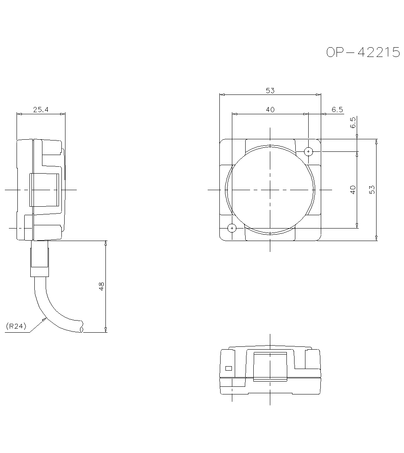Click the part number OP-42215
pos(363,52)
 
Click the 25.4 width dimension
pos(41,109)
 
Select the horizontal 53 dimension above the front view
pos(270,91)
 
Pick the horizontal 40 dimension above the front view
pos(270,110)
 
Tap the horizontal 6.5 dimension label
pos(337,110)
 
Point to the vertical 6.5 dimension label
pos(353,122)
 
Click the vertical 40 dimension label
pos(353,190)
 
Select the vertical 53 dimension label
pos(372,190)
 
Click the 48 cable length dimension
pos(101,286)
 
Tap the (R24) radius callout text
pos(16,326)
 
